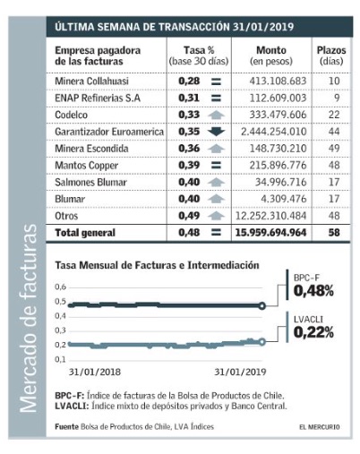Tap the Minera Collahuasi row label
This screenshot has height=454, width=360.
tap(91, 81)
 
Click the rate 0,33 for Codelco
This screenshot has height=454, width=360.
tap(189, 115)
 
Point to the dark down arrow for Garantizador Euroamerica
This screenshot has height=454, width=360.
tap(216, 132)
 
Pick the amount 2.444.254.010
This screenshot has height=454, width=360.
tap(274, 132)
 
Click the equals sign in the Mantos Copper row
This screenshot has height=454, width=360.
tap(216, 165)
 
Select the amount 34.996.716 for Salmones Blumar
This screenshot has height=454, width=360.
tap(280, 182)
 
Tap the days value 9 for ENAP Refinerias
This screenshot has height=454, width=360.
tap(337, 98)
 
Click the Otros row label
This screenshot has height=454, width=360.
tap(66, 216)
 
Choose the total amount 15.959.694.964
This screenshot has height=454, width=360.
tap(270, 233)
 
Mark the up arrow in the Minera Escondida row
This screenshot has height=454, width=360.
tap(216, 149)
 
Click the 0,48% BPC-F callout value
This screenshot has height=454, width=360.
tap(313, 290)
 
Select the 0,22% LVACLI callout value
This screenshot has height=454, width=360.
tap(313, 332)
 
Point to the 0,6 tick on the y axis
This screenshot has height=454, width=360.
tap(60, 287)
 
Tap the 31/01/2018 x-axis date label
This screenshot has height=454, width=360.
tap(95, 372)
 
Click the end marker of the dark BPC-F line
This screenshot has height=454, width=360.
tap(261, 305)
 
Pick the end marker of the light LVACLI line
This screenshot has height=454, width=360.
tap(261, 342)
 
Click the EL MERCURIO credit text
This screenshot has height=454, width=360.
tap(320, 427)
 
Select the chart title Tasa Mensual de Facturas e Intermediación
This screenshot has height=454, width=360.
tap(157, 265)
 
